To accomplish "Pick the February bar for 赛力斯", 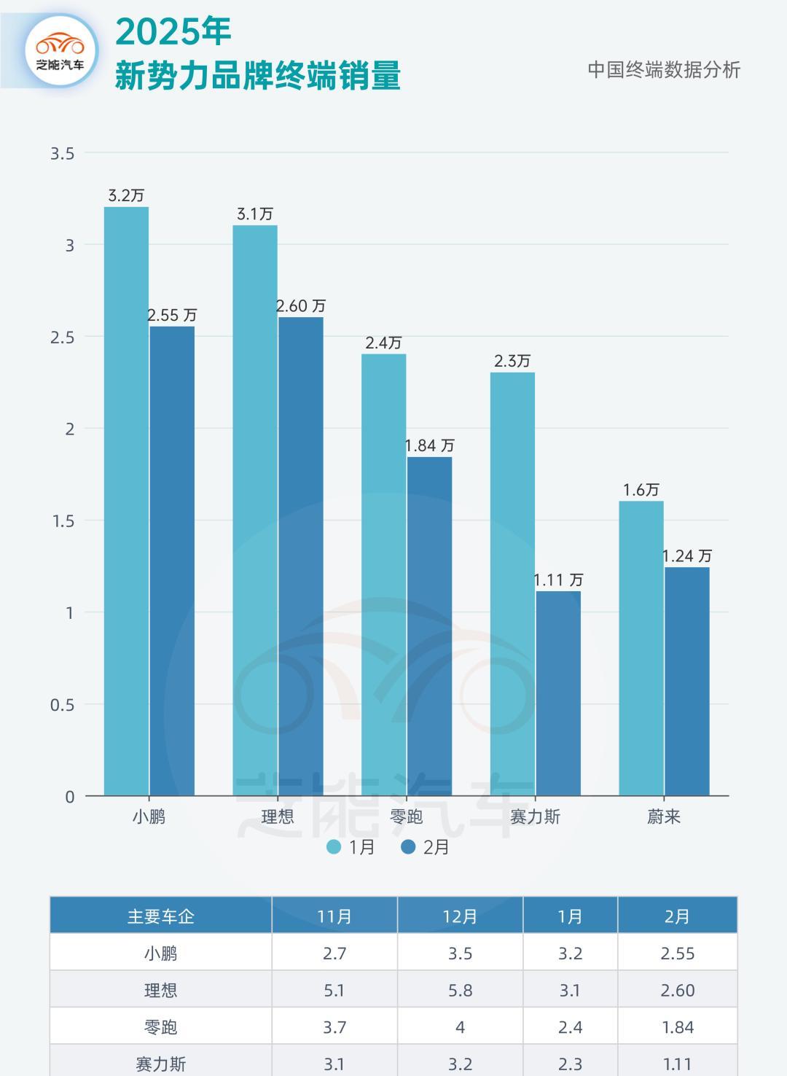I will point(558,693).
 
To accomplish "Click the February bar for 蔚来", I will point(686,681).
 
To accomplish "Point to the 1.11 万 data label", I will point(558,580).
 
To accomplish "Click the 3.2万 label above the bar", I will point(126,195).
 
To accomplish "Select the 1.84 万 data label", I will point(430,445).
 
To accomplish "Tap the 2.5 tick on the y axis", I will point(63,337).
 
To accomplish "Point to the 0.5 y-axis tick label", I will point(63,705).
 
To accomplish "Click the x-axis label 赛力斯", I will point(535,816).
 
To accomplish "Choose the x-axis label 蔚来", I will point(664,816).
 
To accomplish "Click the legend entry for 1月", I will point(351,847).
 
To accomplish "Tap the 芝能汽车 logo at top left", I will point(60,51).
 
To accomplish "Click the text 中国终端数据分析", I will point(664,70).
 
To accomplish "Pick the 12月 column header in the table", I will point(460,916).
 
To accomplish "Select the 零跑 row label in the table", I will point(160,1027).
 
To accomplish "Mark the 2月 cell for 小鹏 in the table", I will point(677,954).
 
